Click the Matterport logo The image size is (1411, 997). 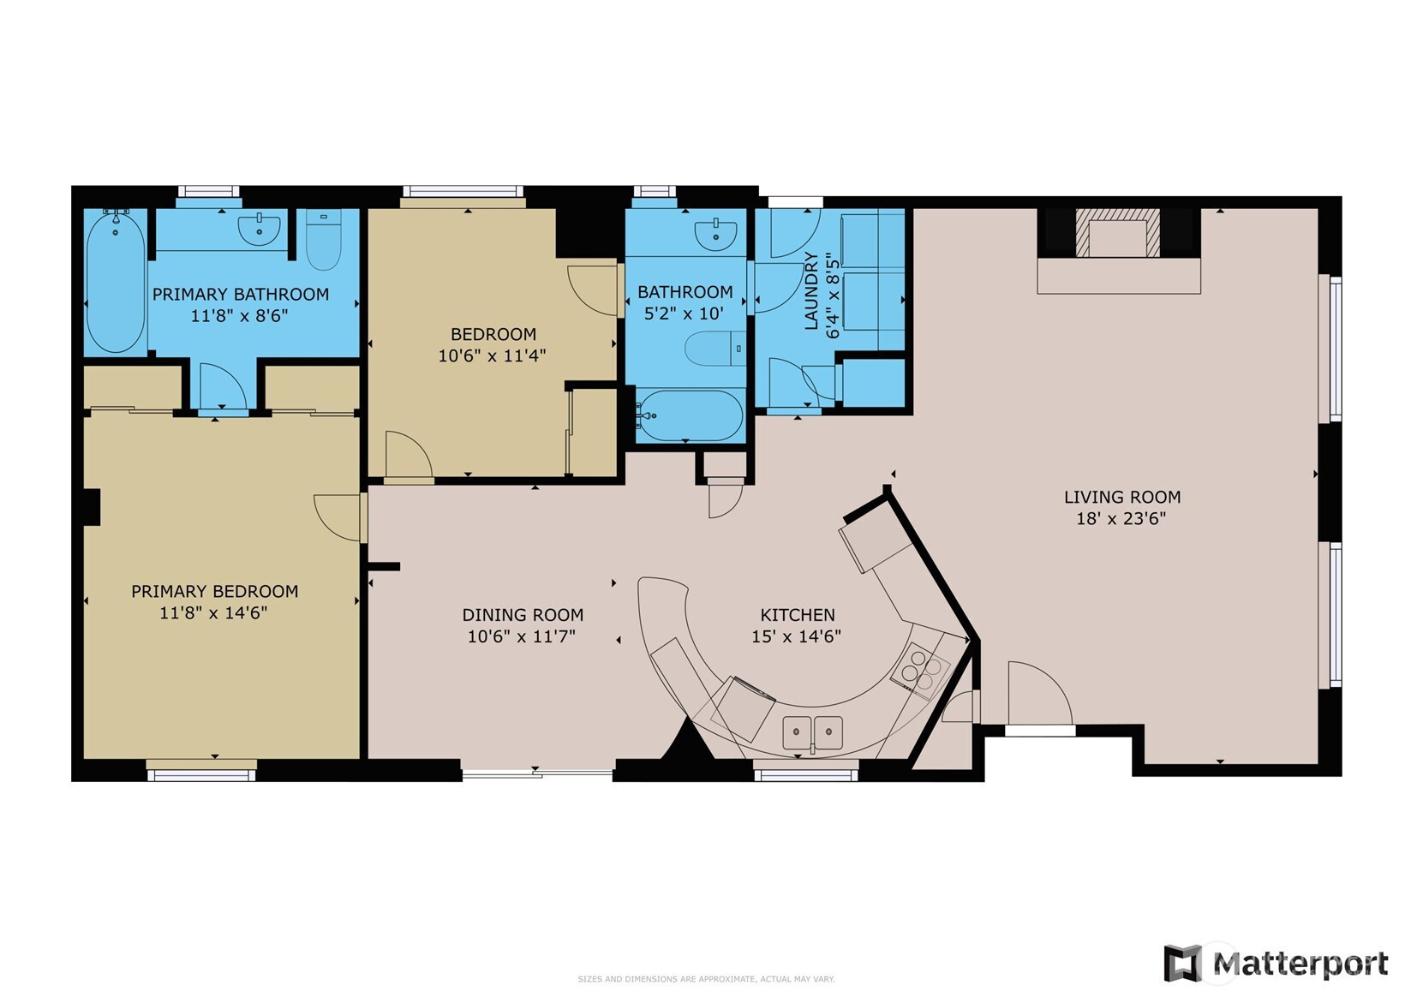[1276, 964]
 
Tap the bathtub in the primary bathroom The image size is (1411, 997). [115, 283]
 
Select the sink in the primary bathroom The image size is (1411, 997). [259, 230]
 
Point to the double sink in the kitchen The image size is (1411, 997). [812, 733]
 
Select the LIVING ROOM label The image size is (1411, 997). [1121, 497]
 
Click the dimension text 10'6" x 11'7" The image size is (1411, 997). [522, 636]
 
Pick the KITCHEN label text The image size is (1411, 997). [797, 615]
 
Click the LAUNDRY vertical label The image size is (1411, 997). [811, 291]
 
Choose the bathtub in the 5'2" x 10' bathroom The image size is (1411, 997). [691, 415]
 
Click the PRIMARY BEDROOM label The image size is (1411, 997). [214, 591]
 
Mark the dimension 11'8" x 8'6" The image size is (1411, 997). [239, 315]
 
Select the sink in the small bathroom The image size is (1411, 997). [714, 233]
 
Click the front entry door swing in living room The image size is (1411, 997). [1038, 694]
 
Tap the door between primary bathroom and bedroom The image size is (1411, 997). [223, 387]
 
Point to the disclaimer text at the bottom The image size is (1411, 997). [705, 979]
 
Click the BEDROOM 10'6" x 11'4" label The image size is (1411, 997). [493, 344]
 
